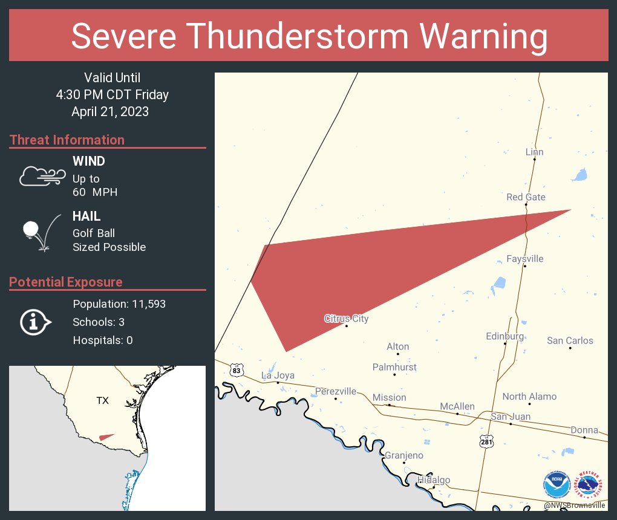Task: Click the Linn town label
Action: (534, 152)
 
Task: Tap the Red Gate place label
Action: (526, 197)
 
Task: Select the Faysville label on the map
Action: (524, 259)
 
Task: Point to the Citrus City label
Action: (346, 319)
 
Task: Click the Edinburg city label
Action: (504, 336)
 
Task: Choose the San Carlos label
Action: (570, 340)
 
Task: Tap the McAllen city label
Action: (457, 406)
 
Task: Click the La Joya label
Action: (278, 375)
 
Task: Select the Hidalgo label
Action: (434, 480)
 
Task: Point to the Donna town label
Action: (584, 430)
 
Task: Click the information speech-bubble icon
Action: (36, 322)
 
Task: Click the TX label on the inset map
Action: (102, 401)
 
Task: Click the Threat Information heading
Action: (67, 140)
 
